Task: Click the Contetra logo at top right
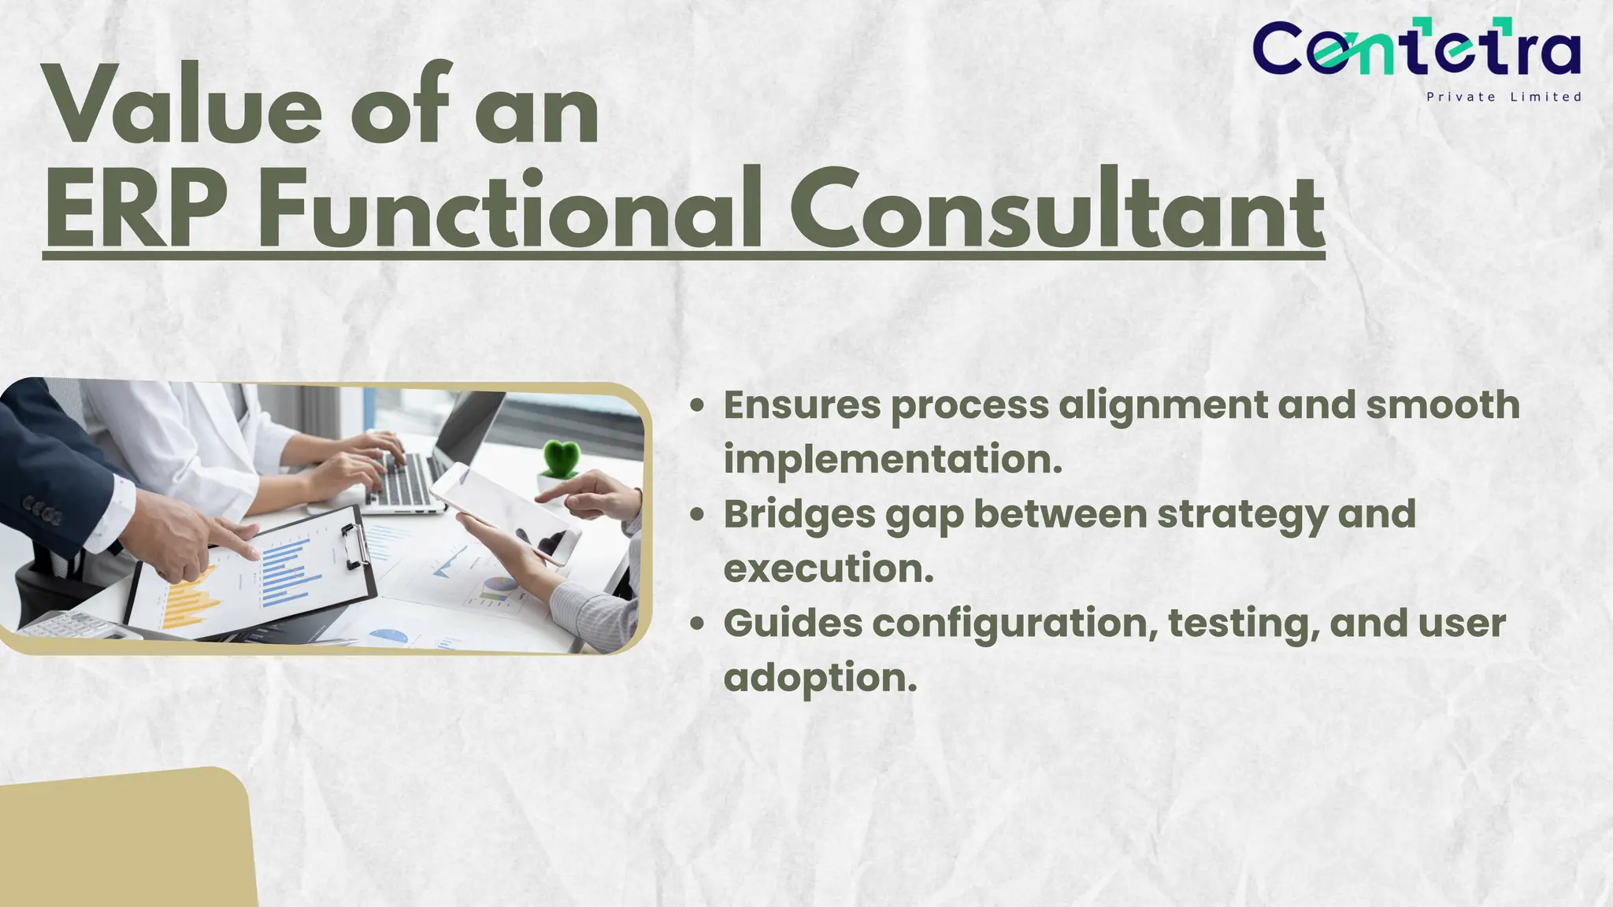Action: coord(1415,49)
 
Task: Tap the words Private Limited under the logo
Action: coord(1504,97)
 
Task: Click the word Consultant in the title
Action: coord(1056,211)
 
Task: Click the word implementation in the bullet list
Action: coord(892,460)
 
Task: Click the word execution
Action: coord(828,568)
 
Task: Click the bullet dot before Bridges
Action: coord(696,515)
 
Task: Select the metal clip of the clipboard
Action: coord(355,543)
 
